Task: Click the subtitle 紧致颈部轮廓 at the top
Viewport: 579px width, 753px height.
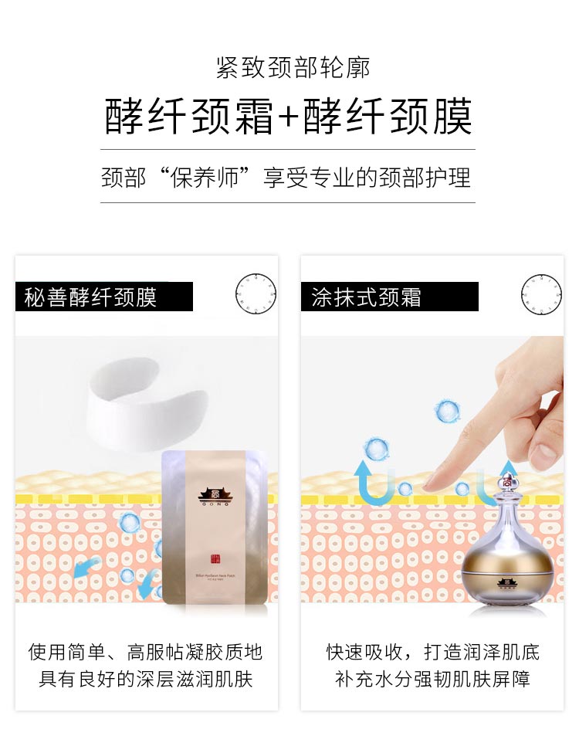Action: click(293, 68)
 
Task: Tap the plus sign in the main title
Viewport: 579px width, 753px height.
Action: click(287, 118)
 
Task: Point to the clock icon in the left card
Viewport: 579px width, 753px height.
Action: click(256, 294)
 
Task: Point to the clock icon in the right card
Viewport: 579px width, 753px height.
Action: click(541, 294)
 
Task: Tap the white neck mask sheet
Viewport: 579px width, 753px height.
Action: click(147, 402)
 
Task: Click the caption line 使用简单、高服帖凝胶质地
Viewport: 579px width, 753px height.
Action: click(145, 653)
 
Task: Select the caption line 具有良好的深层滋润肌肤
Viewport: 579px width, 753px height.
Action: click(145, 680)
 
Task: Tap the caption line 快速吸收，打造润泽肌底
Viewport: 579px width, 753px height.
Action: click(432, 653)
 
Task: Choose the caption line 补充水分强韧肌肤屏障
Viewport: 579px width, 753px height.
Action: click(432, 680)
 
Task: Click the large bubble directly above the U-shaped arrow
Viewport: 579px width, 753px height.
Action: click(376, 449)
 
